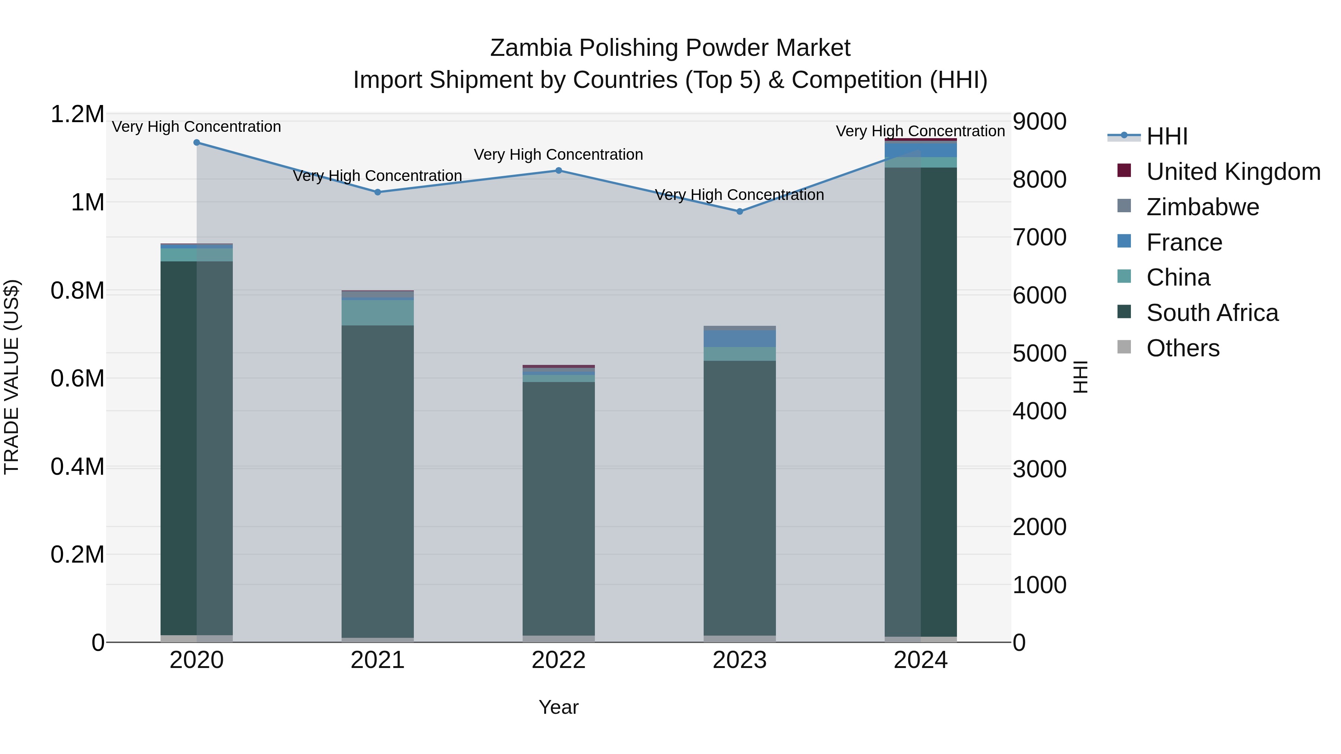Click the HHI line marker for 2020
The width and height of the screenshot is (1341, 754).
coord(197,143)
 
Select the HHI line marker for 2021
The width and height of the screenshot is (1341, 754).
coord(378,192)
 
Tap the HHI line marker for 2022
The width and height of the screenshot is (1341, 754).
coord(559,170)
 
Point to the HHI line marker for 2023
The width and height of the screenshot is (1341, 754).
coord(740,211)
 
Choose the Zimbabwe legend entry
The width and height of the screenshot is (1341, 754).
coord(1202,207)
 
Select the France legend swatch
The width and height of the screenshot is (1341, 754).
coord(1125,241)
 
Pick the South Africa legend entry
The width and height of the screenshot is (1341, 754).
coord(1212,313)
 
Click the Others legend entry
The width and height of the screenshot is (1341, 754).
coord(1183,348)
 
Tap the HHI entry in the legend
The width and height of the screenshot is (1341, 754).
coord(1167,136)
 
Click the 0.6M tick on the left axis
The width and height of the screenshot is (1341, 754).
coord(77,378)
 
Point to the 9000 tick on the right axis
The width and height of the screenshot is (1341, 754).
coord(1039,121)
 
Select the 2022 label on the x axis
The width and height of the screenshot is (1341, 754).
coord(559,660)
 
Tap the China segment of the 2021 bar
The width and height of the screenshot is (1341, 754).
coord(378,313)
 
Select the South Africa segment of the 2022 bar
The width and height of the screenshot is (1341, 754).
coord(559,508)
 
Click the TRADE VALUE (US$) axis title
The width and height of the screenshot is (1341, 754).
coord(12,377)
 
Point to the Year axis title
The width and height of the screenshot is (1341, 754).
coord(559,707)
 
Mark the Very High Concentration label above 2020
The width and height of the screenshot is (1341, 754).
coord(197,127)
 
